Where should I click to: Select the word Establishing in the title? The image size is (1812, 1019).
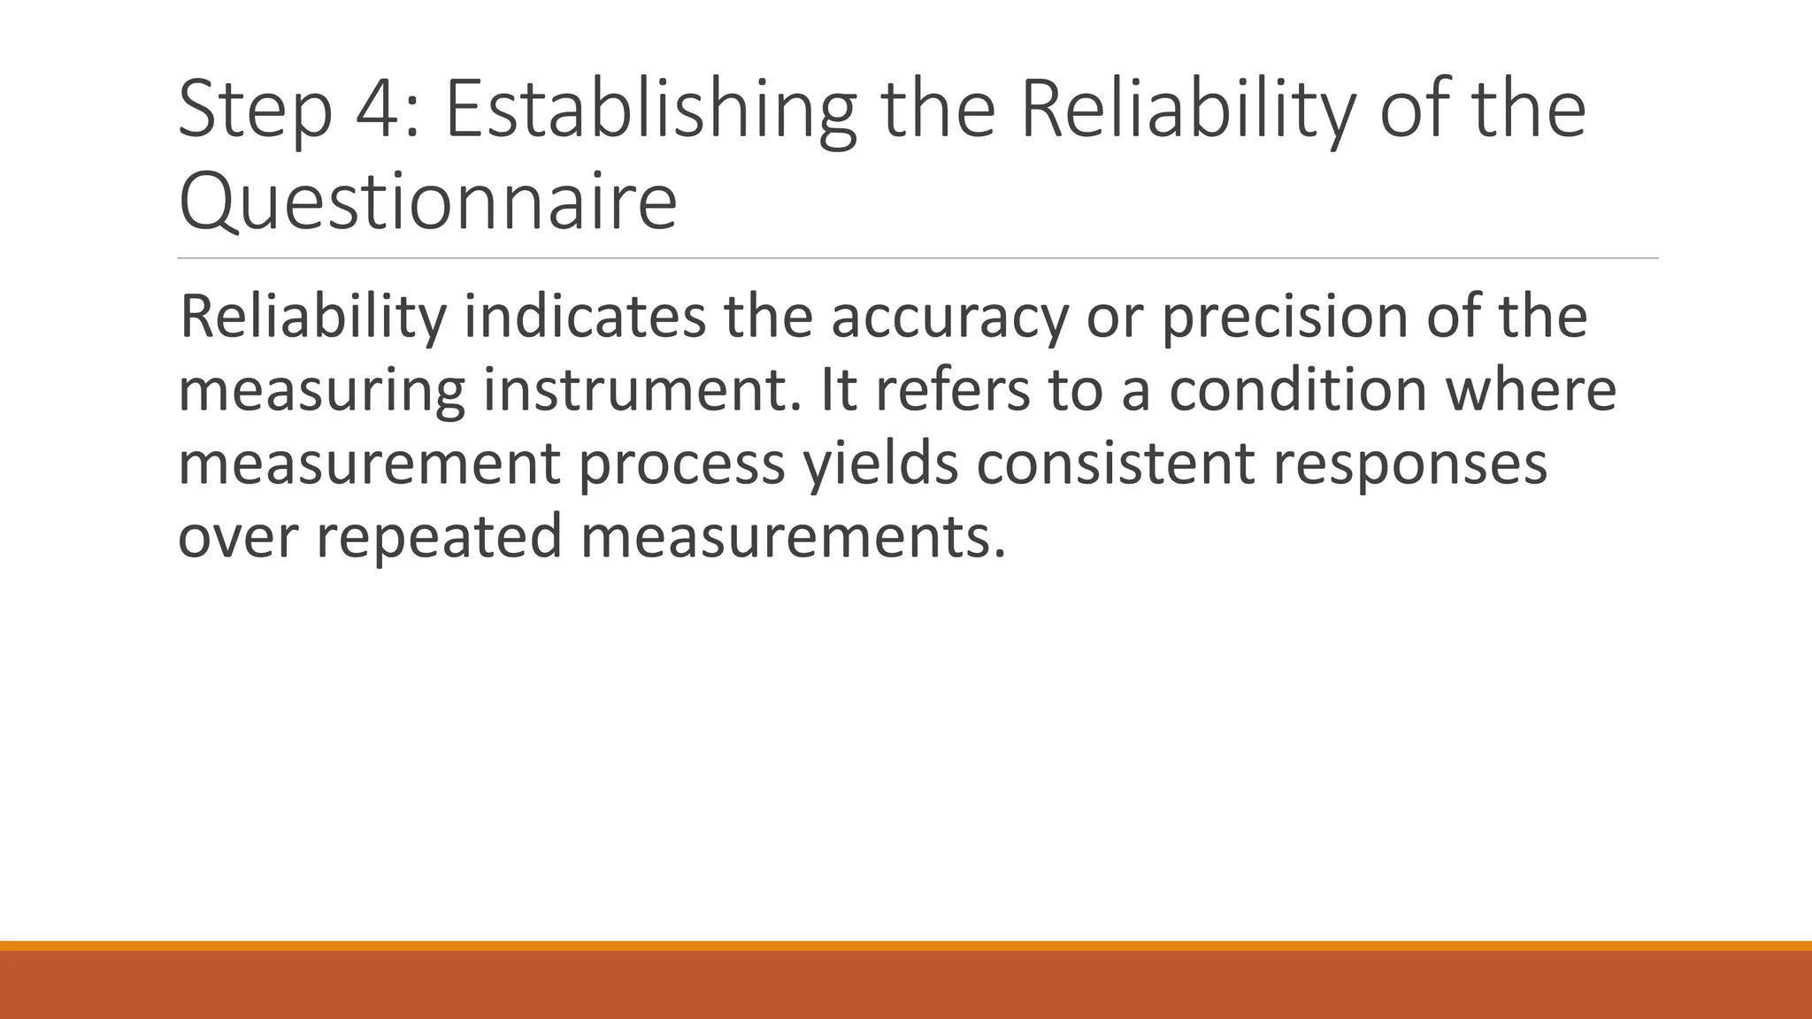coord(650,111)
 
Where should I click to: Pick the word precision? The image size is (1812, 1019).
coord(1284,317)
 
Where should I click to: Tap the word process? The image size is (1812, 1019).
coord(682,464)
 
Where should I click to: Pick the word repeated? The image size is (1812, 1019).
coord(439,537)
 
